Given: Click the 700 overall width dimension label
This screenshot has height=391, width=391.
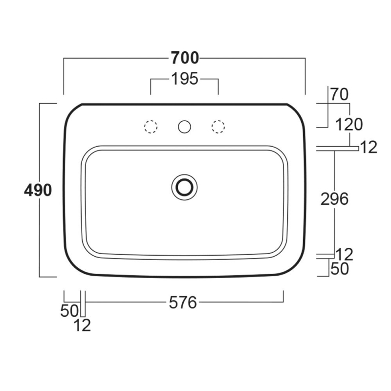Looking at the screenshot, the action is pyautogui.click(x=185, y=58).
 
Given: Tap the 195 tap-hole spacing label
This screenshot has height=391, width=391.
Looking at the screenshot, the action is pyautogui.click(x=185, y=79).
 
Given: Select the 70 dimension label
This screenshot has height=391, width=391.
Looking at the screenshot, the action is pyautogui.click(x=339, y=94).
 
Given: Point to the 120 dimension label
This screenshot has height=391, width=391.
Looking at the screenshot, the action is pyautogui.click(x=349, y=125).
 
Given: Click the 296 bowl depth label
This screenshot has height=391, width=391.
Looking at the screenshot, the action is pyautogui.click(x=334, y=199).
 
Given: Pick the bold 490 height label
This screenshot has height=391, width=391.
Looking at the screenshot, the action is pyautogui.click(x=38, y=190).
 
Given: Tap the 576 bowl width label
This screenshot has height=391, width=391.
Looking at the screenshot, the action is pyautogui.click(x=183, y=303).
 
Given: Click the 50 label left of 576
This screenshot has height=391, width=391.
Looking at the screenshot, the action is pyautogui.click(x=69, y=311).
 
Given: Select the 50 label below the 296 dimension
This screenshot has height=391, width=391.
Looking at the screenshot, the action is pyautogui.click(x=340, y=269).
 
